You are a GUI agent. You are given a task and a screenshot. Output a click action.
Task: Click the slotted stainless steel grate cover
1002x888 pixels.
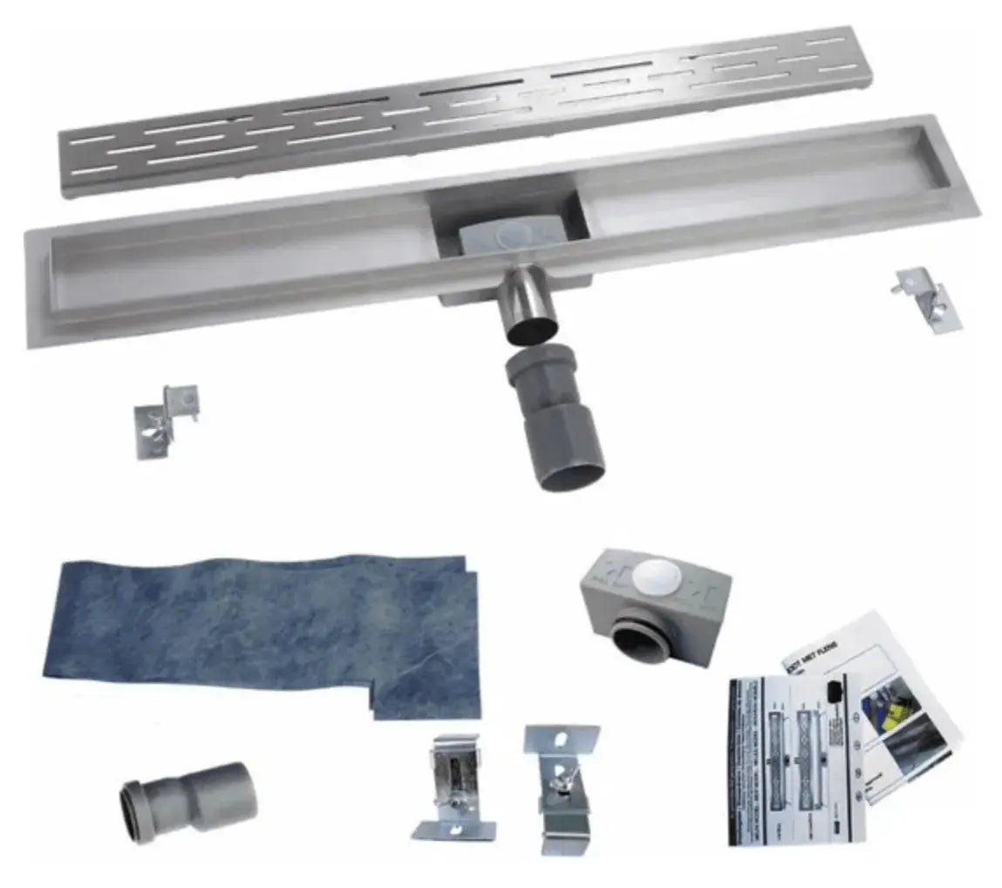[462, 109]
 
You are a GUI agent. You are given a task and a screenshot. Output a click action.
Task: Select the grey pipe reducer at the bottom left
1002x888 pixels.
[187, 801]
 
